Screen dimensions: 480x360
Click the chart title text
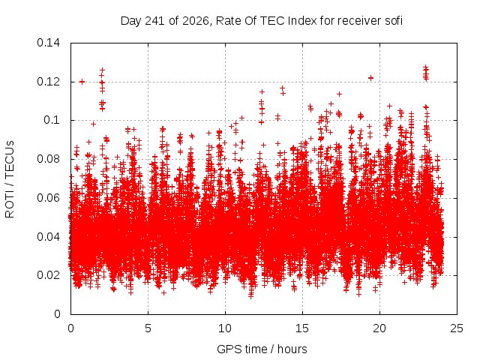point(262,21)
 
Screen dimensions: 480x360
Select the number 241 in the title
point(154,21)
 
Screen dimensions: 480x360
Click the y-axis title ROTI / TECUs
point(10,179)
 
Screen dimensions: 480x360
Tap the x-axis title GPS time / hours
point(262,349)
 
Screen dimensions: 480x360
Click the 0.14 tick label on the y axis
point(48,43)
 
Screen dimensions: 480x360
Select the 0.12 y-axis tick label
point(48,82)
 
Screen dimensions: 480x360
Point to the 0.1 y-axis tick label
point(52,120)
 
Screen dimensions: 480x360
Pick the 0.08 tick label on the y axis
point(48,159)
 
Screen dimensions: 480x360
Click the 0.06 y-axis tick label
point(48,198)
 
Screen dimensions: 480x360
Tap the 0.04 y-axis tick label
point(48,237)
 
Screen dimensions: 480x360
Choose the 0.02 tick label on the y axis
point(48,275)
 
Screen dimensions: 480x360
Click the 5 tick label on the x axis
point(148,328)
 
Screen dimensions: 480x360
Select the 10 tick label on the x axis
point(225,328)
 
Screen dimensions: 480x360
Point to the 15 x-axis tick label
point(302,328)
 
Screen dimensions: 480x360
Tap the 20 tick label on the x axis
point(379,328)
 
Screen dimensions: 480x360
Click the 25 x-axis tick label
point(457,328)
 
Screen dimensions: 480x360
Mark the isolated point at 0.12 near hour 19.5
point(370,78)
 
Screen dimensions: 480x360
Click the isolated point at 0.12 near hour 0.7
point(82,82)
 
